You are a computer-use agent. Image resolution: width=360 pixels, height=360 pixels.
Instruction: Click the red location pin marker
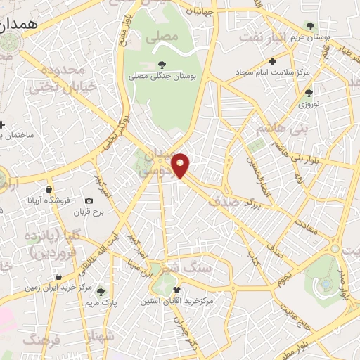tap(181, 165)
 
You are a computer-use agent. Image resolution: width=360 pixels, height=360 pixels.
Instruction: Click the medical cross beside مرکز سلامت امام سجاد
tap(273, 63)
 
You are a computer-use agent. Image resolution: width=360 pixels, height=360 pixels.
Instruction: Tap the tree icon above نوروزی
tap(309, 92)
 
